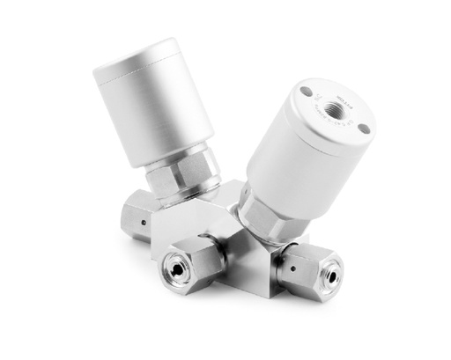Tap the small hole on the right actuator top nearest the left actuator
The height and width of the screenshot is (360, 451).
click(x=305, y=92)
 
